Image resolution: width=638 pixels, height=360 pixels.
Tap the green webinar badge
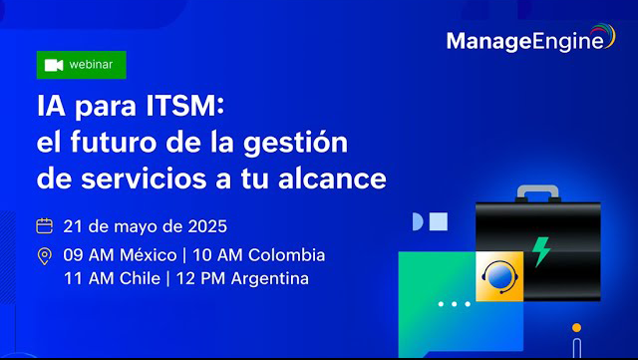tap(82, 64)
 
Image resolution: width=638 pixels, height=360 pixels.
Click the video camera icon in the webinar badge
tap(55, 65)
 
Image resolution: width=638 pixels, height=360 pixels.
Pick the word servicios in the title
tap(155, 180)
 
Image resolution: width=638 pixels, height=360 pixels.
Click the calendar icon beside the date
tap(44, 224)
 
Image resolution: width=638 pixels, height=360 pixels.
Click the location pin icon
tap(44, 256)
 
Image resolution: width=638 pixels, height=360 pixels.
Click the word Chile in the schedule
tap(136, 278)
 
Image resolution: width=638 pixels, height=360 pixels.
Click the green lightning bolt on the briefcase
tap(541, 250)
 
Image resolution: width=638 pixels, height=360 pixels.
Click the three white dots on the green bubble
tap(454, 302)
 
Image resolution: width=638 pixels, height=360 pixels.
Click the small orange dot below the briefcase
tap(576, 326)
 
